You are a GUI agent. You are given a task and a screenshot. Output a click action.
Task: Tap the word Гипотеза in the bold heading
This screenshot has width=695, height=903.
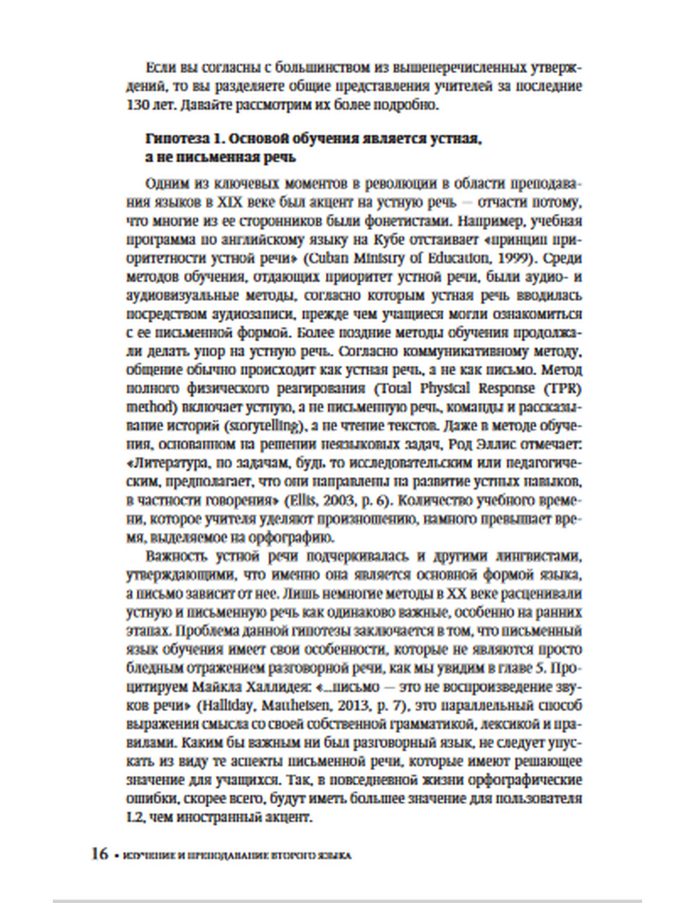click(x=172, y=140)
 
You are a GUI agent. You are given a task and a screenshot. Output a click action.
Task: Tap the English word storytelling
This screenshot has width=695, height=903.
click(x=275, y=424)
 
